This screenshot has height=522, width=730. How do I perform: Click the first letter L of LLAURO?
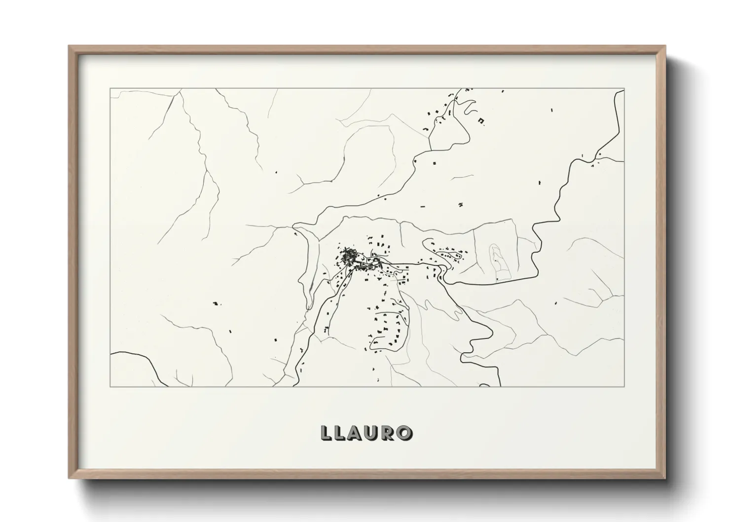coord(326,433)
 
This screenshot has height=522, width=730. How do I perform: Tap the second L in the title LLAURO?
coord(341,433)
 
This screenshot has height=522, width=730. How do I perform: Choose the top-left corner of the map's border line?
coord(110,89)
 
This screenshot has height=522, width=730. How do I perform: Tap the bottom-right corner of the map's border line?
coord(624,386)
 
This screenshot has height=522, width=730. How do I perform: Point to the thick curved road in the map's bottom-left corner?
coord(143,360)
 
